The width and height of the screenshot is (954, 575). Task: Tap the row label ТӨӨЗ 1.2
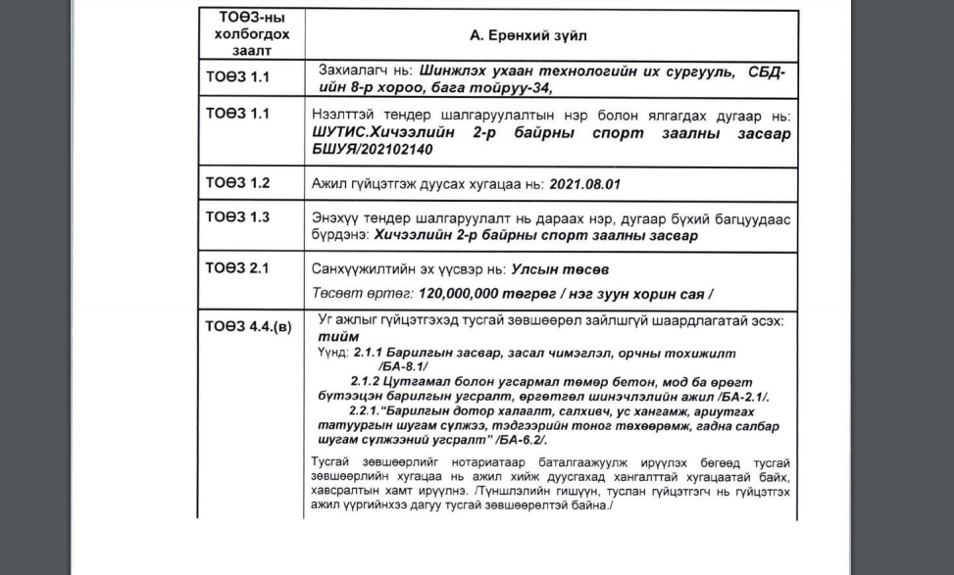click(236, 183)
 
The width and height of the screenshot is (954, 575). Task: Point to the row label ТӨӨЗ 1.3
click(236, 217)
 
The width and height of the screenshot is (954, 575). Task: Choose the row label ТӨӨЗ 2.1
click(236, 267)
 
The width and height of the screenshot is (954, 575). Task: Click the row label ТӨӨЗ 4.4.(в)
click(248, 326)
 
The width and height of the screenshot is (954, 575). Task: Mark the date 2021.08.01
click(585, 184)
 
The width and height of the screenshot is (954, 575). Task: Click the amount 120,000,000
click(460, 293)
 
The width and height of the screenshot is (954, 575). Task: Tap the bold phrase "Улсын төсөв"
click(553, 268)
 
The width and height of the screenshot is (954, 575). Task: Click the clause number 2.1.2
click(367, 380)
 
